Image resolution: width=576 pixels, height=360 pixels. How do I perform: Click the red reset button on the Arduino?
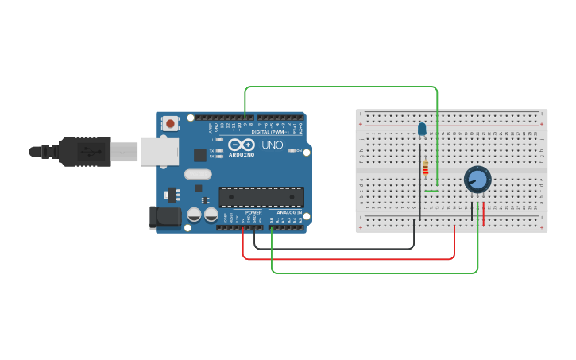[x=170, y=123]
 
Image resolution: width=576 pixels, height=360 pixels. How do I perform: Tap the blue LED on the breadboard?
[x=422, y=129]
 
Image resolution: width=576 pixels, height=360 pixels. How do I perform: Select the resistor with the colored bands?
[x=426, y=168]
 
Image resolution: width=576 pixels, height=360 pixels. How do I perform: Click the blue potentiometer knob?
[x=477, y=180]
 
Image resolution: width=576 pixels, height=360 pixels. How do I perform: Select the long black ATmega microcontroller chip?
[x=261, y=196]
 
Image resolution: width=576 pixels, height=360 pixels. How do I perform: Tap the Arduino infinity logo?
[x=242, y=145]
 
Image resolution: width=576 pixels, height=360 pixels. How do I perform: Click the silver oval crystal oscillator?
[x=198, y=174]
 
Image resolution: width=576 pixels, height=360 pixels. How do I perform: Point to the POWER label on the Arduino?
[x=253, y=213]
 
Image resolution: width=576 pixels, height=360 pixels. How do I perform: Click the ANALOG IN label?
[x=289, y=213]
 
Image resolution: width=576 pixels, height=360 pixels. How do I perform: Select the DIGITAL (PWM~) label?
[x=269, y=131]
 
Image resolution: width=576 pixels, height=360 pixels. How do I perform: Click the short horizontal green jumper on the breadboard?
[x=431, y=191]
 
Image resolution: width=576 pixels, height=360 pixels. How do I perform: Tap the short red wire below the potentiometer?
[x=484, y=214]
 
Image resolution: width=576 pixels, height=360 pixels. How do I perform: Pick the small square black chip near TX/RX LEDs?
[x=199, y=156]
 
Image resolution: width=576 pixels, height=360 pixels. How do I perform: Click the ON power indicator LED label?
[x=300, y=150]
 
